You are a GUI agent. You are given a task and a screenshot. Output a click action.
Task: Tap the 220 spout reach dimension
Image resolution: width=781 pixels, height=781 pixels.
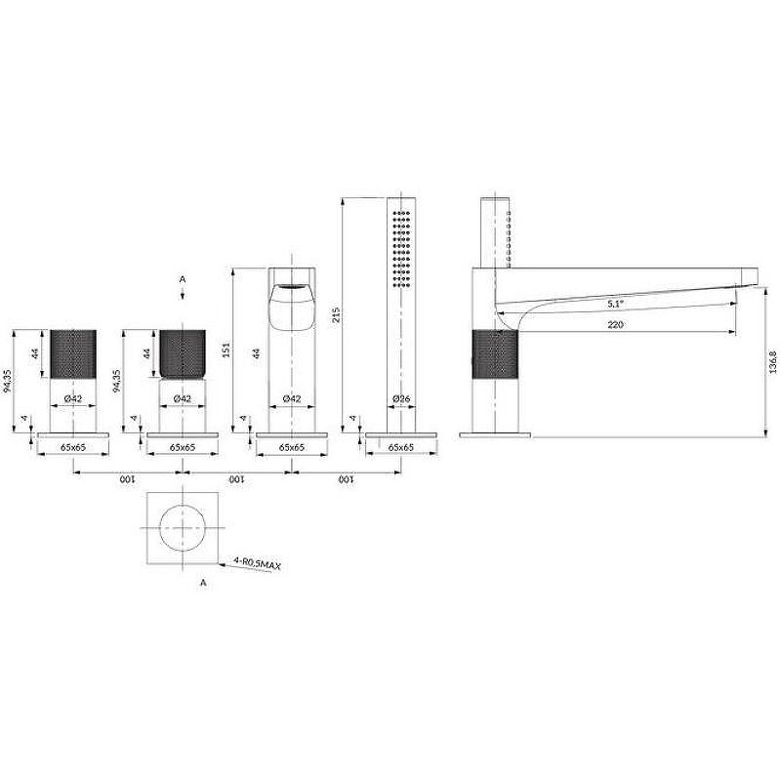[x=615, y=325]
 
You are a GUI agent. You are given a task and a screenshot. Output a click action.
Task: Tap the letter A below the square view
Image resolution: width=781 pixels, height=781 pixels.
[x=203, y=582]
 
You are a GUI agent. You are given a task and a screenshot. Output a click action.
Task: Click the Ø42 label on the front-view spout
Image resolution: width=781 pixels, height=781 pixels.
[x=290, y=398]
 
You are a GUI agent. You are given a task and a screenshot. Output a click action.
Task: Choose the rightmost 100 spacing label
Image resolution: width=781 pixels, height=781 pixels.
[x=345, y=480]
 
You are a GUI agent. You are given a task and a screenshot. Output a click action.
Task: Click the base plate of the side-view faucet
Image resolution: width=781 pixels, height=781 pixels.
[x=495, y=431]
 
